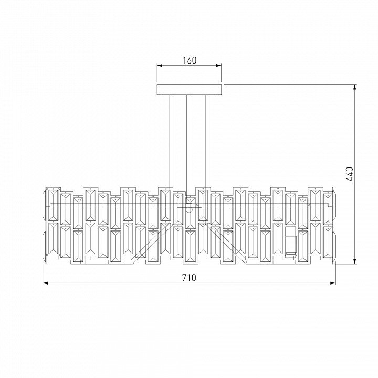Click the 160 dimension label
coord(190,60)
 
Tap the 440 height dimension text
coord(349,174)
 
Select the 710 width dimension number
coord(189,278)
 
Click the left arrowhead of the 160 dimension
coord(160,65)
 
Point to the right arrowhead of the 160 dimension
coord(218,65)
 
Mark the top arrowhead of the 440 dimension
coord(354,87)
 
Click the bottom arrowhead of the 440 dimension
coord(354,261)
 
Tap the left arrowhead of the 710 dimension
coord(46,283)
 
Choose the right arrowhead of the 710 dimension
coord(333,283)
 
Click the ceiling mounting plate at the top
coord(189,89)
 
